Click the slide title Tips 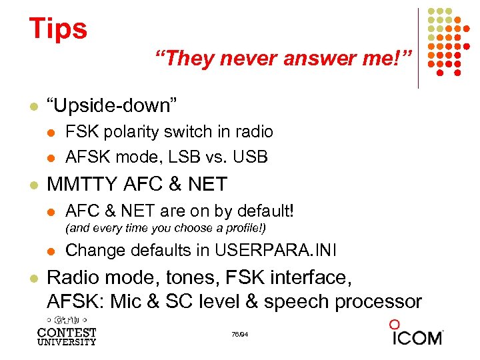(x=58, y=29)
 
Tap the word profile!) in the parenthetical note (x=243, y=228)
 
